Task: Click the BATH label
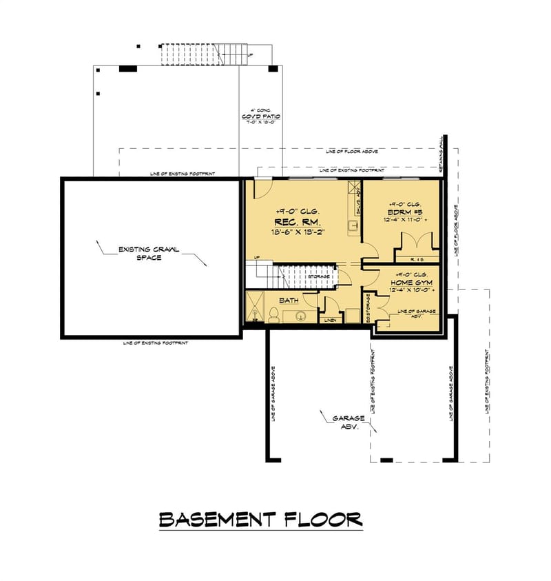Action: click(x=289, y=300)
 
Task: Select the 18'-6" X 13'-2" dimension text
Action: click(x=298, y=233)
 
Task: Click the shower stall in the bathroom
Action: click(x=255, y=307)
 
